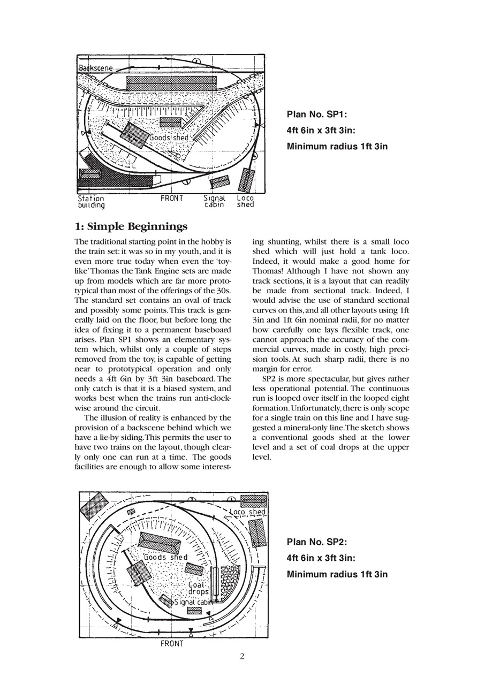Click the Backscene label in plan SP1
pyautogui.click(x=96, y=68)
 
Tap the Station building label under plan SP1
pyautogui.click(x=92, y=201)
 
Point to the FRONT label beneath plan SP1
pyautogui.click(x=172, y=198)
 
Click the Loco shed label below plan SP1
pyautogui.click(x=246, y=201)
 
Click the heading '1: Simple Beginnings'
pyautogui.click(x=131, y=226)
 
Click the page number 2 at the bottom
pyautogui.click(x=242, y=657)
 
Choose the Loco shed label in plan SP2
pyautogui.click(x=247, y=512)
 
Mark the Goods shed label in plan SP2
pyautogui.click(x=166, y=557)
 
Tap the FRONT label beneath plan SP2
pyautogui.click(x=172, y=644)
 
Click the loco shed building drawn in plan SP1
pyautogui.click(x=246, y=180)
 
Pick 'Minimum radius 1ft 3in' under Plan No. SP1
pyautogui.click(x=337, y=146)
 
